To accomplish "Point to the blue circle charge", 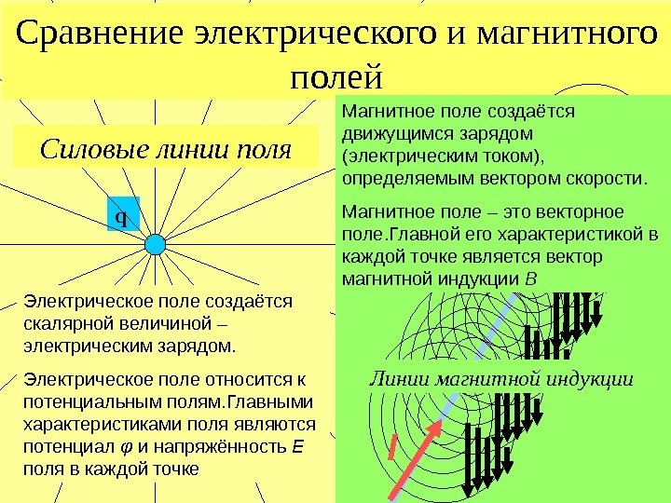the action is point(157,244).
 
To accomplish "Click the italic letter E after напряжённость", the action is point(296,447).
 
